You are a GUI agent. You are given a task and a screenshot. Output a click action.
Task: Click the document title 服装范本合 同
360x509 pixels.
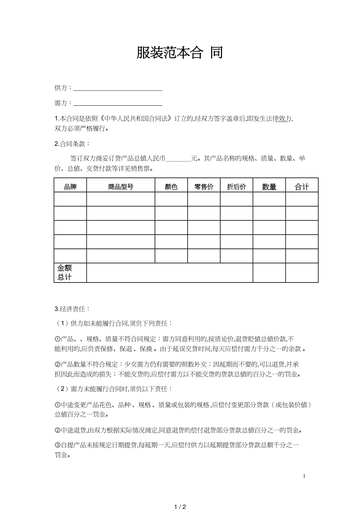(180, 53)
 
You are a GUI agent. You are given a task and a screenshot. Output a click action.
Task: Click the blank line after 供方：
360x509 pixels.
(118, 89)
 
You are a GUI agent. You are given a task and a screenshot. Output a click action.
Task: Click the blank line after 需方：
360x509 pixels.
(118, 104)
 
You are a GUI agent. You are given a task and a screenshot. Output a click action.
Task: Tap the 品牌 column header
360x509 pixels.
(70, 187)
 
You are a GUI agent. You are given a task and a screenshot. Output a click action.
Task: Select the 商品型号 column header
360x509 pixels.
(121, 187)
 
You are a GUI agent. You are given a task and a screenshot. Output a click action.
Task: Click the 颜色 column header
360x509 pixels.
(171, 187)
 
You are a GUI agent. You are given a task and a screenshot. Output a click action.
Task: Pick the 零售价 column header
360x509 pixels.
(204, 187)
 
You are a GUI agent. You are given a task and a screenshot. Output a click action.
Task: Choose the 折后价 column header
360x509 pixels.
(236, 187)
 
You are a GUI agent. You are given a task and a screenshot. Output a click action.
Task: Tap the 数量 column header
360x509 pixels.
(269, 187)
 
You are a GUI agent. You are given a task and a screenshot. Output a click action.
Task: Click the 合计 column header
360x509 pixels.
(302, 187)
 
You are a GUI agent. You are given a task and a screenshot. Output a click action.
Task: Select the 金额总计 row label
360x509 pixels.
(65, 273)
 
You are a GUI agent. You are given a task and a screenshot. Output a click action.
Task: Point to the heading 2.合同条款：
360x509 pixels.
(72, 144)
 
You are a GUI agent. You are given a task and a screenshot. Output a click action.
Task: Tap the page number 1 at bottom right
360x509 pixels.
(304, 476)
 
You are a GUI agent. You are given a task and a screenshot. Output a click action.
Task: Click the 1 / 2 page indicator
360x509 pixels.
(180, 506)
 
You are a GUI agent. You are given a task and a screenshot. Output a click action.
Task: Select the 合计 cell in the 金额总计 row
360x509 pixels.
(302, 273)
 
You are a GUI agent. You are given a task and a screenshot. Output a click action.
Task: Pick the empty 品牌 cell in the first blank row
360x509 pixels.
(70, 199)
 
